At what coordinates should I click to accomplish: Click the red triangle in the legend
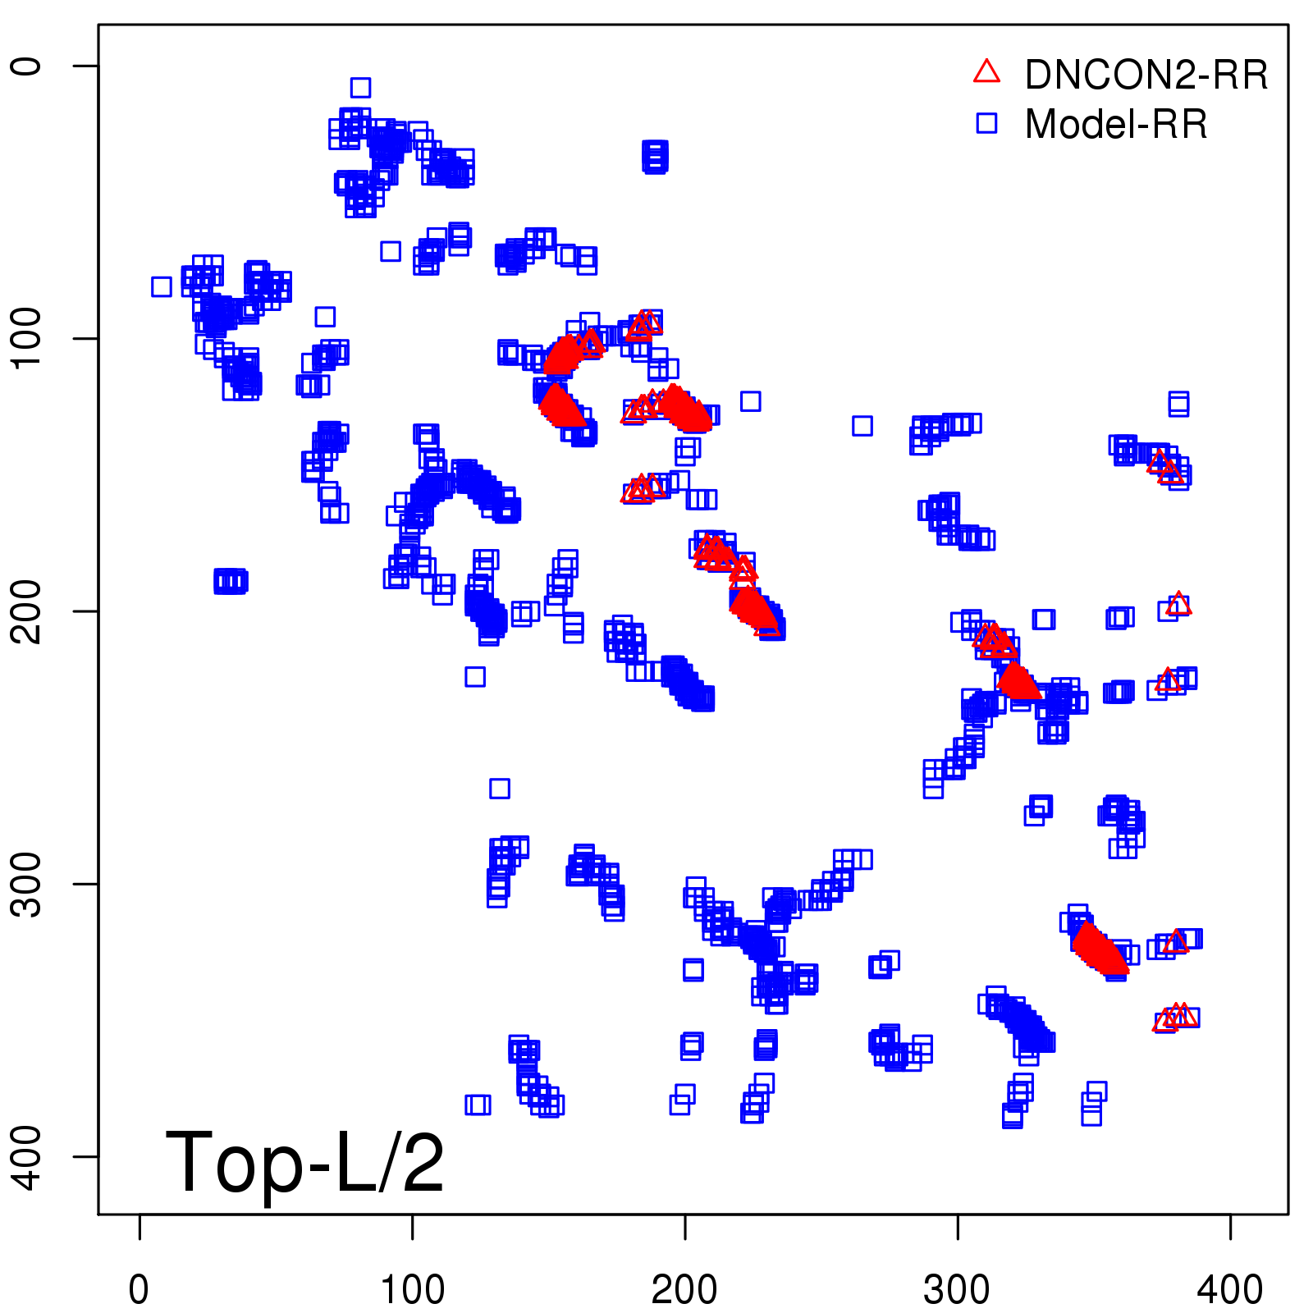[x=986, y=72]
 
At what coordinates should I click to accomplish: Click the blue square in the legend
[x=986, y=123]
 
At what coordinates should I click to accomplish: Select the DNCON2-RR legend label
[x=1146, y=75]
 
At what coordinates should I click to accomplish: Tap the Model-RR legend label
[x=1116, y=125]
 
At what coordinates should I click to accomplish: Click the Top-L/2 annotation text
[x=304, y=1163]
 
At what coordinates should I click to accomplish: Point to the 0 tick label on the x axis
[x=140, y=1290]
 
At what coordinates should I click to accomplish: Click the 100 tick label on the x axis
[x=412, y=1290]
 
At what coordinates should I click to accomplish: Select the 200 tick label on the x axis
[x=684, y=1290]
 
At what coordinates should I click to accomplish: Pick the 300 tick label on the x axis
[x=957, y=1290]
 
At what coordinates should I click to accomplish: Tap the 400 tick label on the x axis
[x=1229, y=1290]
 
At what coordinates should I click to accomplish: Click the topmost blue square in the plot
[x=360, y=87]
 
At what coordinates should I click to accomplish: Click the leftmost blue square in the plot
[x=162, y=286]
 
